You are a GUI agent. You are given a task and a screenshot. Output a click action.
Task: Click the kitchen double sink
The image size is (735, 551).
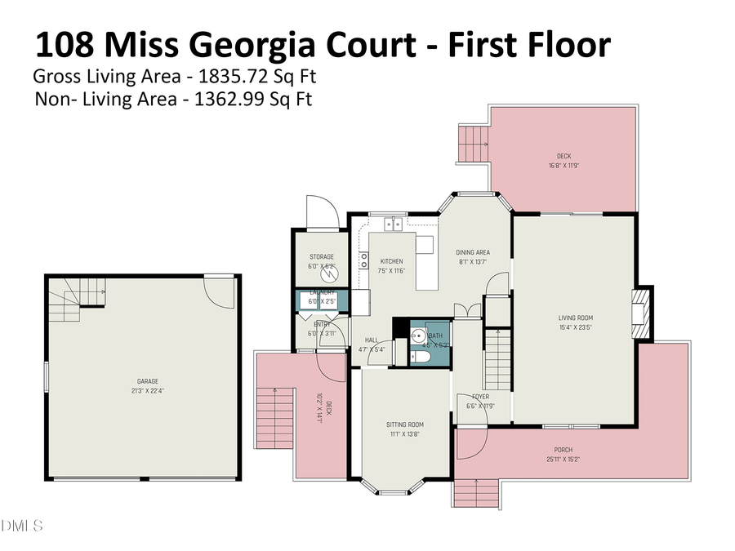(x=393, y=223)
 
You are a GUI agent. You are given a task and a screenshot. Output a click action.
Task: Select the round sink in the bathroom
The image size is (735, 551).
(x=417, y=334)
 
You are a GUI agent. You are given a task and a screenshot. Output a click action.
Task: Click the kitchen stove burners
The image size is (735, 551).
(x=363, y=260)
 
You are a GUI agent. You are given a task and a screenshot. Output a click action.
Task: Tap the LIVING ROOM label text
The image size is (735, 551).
(x=575, y=318)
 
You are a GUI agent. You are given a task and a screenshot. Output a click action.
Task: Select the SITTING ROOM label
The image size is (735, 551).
(x=405, y=424)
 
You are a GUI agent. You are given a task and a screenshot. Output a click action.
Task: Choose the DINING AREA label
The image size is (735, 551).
(x=472, y=253)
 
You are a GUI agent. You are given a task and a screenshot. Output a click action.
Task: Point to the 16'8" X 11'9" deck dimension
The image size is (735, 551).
(x=563, y=166)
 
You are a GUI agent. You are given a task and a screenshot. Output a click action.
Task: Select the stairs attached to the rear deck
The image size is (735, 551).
(x=472, y=144)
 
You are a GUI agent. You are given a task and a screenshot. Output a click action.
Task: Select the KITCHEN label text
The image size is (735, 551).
(x=391, y=261)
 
